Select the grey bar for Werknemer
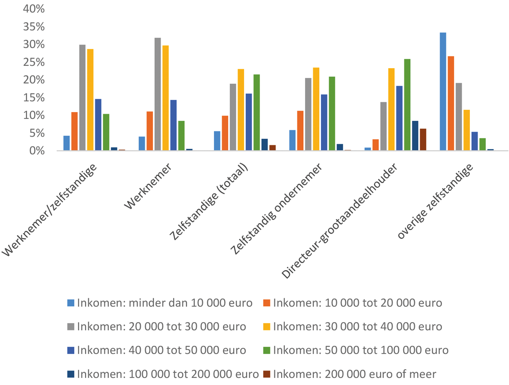pyautogui.click(x=158, y=94)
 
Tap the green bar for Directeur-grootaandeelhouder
pyautogui.click(x=407, y=105)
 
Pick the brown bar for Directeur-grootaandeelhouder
pyautogui.click(x=423, y=140)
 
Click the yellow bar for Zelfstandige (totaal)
pyautogui.click(x=241, y=110)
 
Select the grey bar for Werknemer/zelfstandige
pyautogui.click(x=82, y=98)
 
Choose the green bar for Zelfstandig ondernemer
pyautogui.click(x=332, y=113)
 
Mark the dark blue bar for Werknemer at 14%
pyautogui.click(x=173, y=125)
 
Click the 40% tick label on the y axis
pyautogui.click(x=34, y=9)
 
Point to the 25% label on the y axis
pyautogui.click(x=34, y=62)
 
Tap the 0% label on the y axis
pyautogui.click(x=37, y=151)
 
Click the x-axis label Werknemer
pyautogui.click(x=148, y=187)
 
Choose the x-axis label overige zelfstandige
pyautogui.click(x=435, y=202)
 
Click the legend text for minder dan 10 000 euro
pyautogui.click(x=165, y=303)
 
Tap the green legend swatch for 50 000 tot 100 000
pyautogui.click(x=267, y=350)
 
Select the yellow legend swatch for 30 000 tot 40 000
pyautogui.click(x=267, y=327)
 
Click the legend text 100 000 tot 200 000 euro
pyautogui.click(x=168, y=374)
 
